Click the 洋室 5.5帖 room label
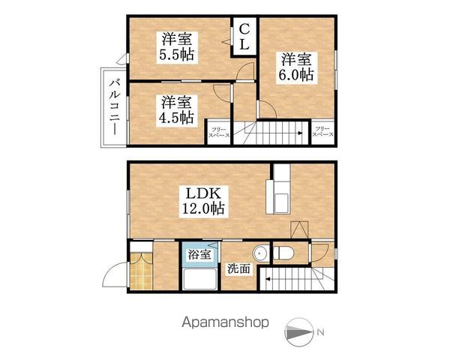tap(176, 46)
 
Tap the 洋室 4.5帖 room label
tap(176, 110)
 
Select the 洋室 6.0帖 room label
tap(297, 67)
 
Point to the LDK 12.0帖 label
tap(203, 201)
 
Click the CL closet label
tap(244, 37)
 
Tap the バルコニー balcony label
tap(114, 107)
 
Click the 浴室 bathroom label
tap(199, 254)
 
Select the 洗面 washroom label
tap(238, 268)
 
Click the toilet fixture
tap(283, 253)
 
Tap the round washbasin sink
tap(260, 253)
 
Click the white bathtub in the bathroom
tap(199, 279)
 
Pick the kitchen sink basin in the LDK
tap(281, 203)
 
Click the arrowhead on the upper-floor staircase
tap(299, 133)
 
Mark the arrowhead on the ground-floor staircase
tap(268, 278)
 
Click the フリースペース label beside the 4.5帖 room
tap(219, 132)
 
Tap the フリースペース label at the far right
tap(322, 132)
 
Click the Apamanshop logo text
tap(225, 322)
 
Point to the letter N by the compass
tap(320, 332)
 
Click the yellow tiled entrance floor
tap(141, 271)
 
